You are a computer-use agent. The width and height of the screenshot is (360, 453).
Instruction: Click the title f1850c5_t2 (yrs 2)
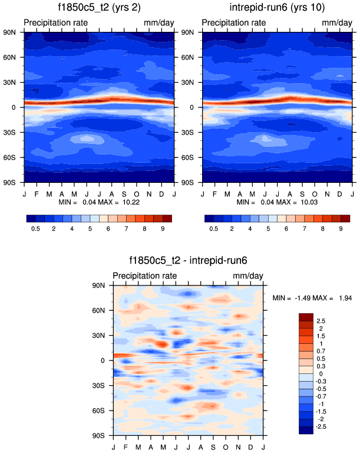tap(100, 8)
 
